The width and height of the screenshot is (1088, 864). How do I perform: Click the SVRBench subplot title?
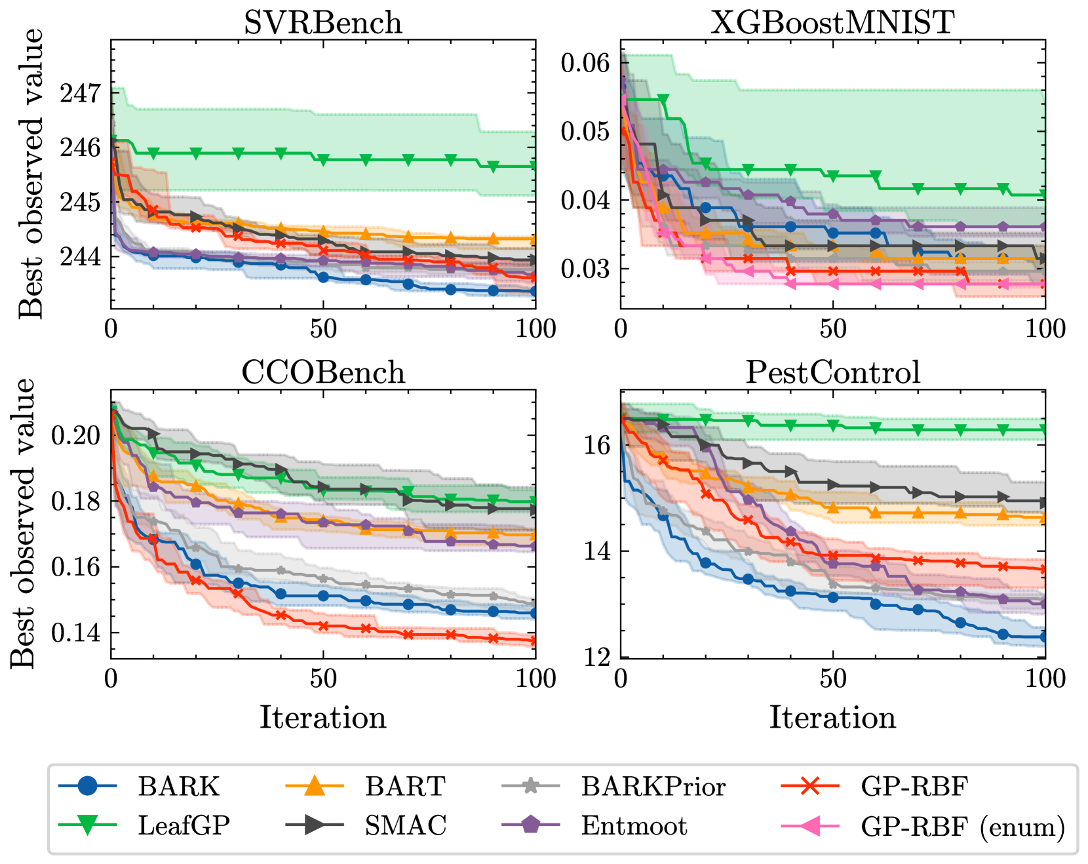(x=322, y=23)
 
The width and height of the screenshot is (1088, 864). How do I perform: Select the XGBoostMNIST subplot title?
(x=832, y=23)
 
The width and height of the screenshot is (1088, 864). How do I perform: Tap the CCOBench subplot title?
(x=323, y=372)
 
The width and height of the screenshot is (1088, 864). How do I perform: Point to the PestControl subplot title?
(x=832, y=372)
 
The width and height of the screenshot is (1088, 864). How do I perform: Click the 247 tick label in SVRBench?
(x=81, y=94)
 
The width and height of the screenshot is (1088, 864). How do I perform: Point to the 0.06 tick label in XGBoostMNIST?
(x=585, y=63)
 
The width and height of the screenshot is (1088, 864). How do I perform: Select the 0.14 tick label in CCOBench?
(x=76, y=633)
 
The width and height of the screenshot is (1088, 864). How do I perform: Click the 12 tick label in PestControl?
(x=597, y=656)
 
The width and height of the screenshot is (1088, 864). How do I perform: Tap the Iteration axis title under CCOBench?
(x=323, y=717)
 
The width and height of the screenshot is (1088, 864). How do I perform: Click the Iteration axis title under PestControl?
(x=832, y=717)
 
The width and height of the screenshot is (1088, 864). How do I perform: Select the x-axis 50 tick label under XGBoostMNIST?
(x=832, y=329)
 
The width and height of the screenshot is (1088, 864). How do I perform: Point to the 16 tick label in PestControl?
(x=597, y=446)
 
